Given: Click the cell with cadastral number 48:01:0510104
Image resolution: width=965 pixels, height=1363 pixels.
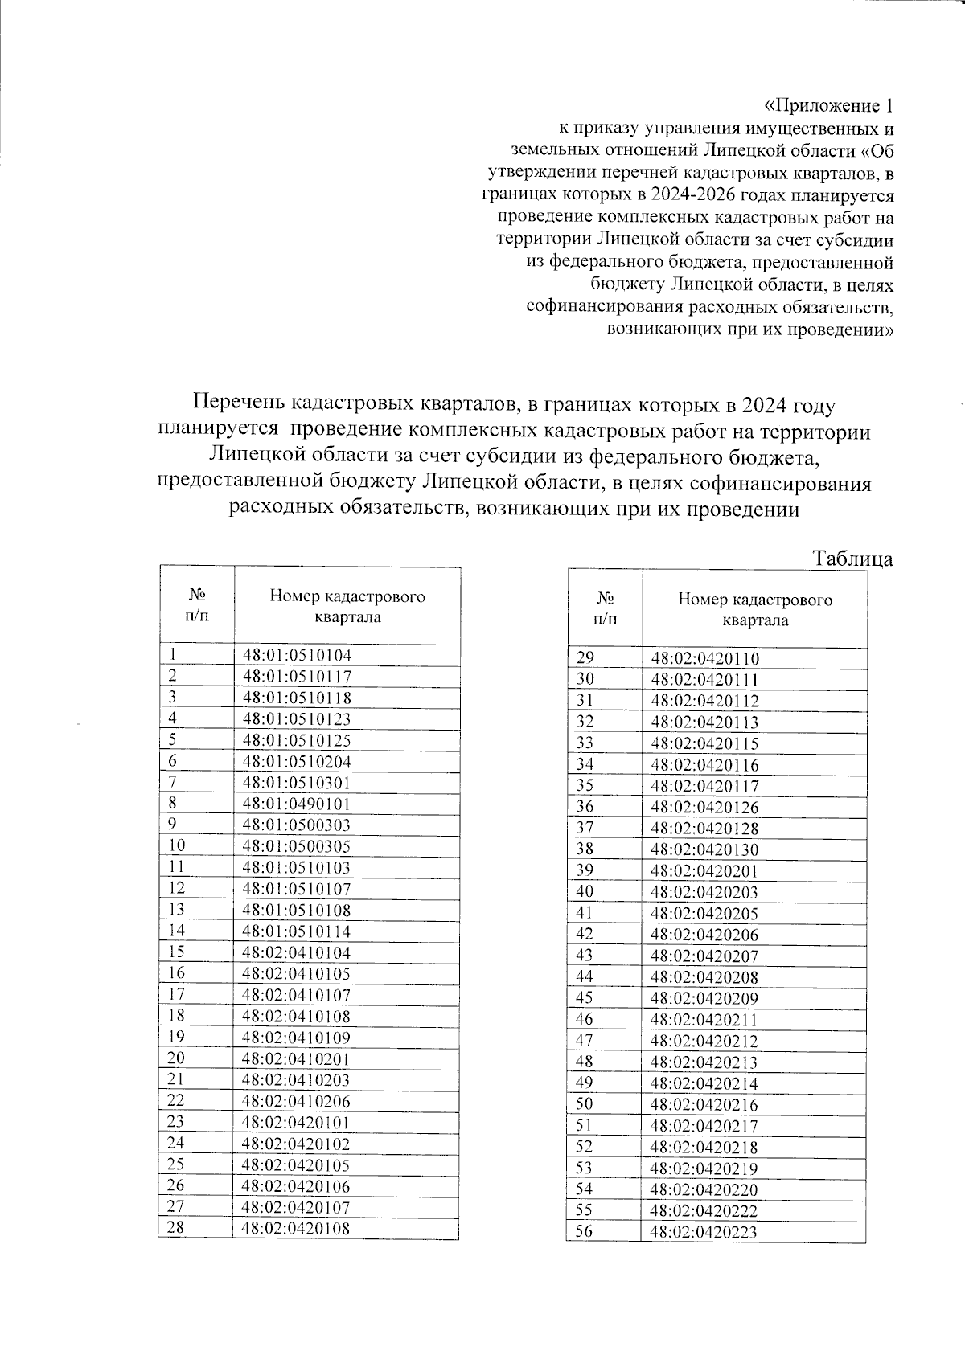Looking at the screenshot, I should pos(297,655).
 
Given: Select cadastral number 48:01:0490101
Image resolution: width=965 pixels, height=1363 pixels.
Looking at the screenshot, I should pos(297,804).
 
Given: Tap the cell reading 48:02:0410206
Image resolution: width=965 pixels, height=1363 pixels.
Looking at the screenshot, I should pos(297,1101).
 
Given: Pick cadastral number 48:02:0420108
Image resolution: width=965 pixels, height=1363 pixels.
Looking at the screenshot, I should pos(297,1228).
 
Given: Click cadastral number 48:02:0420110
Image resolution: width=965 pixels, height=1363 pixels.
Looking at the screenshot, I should pos(704,659).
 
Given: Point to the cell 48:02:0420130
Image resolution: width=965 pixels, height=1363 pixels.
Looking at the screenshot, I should pos(704,849).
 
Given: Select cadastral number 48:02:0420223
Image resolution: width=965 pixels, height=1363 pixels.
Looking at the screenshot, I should pos(704,1232).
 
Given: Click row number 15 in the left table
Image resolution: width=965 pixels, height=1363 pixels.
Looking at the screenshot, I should pos(177,952).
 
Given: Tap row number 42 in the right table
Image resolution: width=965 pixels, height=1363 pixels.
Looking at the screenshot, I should pos(585,934).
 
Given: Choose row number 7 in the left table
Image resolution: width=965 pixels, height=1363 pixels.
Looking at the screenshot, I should pos(173,782).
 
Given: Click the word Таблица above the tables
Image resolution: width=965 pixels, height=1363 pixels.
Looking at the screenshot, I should pos(852,559).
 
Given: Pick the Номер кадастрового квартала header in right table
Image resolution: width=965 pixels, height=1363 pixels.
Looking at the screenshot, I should pos(754,609).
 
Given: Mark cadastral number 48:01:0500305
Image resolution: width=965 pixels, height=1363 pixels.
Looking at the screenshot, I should pos(297,846).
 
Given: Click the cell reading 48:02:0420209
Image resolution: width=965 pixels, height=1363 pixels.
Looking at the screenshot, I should pos(704,998).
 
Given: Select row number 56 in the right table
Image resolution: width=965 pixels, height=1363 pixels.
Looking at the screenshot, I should pos(585,1231).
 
